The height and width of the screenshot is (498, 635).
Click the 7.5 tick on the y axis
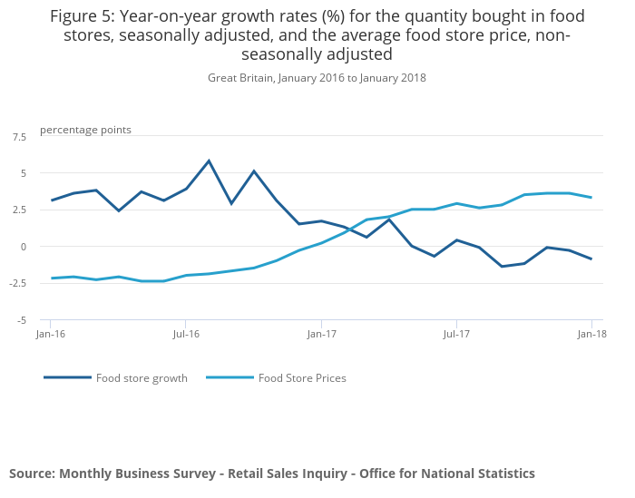click(x=19, y=136)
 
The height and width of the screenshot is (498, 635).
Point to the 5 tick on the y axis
click(x=24, y=173)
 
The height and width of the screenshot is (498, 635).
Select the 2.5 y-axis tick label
click(x=19, y=210)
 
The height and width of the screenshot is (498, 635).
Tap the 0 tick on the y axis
click(x=24, y=247)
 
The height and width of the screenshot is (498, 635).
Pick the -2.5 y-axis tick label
click(x=18, y=283)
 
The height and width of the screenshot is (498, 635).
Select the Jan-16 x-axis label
click(x=50, y=334)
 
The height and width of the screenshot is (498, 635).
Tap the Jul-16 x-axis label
click(x=185, y=334)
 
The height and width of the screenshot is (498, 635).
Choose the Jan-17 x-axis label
click(x=321, y=334)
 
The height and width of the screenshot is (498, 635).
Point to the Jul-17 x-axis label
click(x=456, y=334)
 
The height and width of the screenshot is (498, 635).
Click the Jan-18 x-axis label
click(x=591, y=334)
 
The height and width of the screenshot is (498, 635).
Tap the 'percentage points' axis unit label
click(x=85, y=130)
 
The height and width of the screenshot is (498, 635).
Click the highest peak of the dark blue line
click(x=209, y=161)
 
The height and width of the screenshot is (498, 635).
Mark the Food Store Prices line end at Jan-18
click(x=591, y=198)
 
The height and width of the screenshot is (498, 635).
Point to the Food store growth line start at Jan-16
click(x=51, y=200)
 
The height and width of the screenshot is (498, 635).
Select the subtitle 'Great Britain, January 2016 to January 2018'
click(x=317, y=78)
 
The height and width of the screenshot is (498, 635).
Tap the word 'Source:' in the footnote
click(x=32, y=474)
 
